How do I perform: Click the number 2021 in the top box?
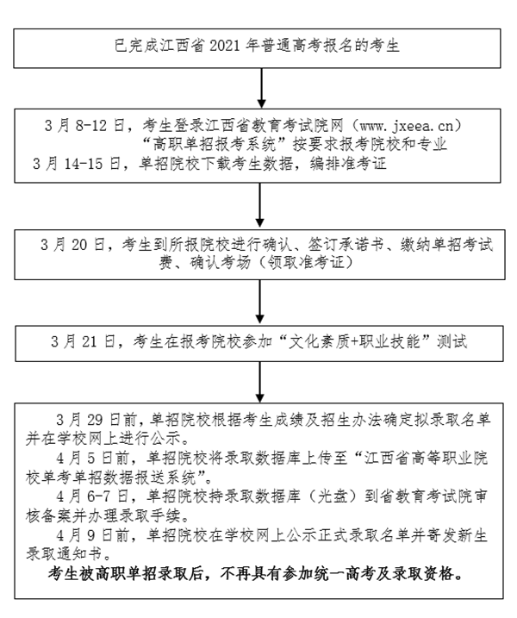pos(225,47)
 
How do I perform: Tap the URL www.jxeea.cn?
pos(407,126)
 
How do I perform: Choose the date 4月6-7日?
pos(92,496)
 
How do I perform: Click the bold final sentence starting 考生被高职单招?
pos(255,574)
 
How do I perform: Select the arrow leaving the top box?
pos(262,88)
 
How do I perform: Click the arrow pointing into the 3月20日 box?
pos(259,205)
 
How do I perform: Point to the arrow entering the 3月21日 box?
pos(259,302)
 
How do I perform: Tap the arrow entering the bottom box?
pos(259,382)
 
